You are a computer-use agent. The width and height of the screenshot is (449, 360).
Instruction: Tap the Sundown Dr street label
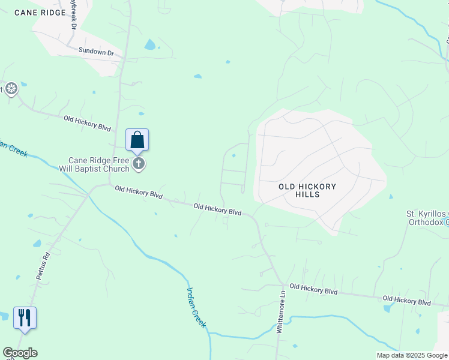[x=96, y=53]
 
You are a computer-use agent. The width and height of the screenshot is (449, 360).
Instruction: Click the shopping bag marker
[x=137, y=140]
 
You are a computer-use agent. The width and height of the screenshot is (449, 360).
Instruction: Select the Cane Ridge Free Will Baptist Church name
[x=98, y=164]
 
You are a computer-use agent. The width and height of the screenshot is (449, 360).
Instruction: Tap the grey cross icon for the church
[x=139, y=164]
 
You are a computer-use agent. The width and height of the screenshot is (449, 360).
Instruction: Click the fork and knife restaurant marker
[x=25, y=317]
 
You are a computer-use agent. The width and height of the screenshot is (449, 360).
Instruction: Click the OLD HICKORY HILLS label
[x=307, y=190]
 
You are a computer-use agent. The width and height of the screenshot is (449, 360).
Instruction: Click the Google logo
[x=20, y=353]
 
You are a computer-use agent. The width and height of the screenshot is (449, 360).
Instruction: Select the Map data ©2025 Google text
[x=411, y=355]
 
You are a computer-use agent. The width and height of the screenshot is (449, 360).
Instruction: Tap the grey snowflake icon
[x=11, y=89]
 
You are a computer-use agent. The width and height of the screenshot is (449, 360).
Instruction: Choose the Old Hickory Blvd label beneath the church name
[x=139, y=192]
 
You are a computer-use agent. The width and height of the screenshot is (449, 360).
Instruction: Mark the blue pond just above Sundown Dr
[x=149, y=44]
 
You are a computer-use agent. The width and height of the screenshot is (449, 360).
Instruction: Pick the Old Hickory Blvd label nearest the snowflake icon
[x=88, y=124]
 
